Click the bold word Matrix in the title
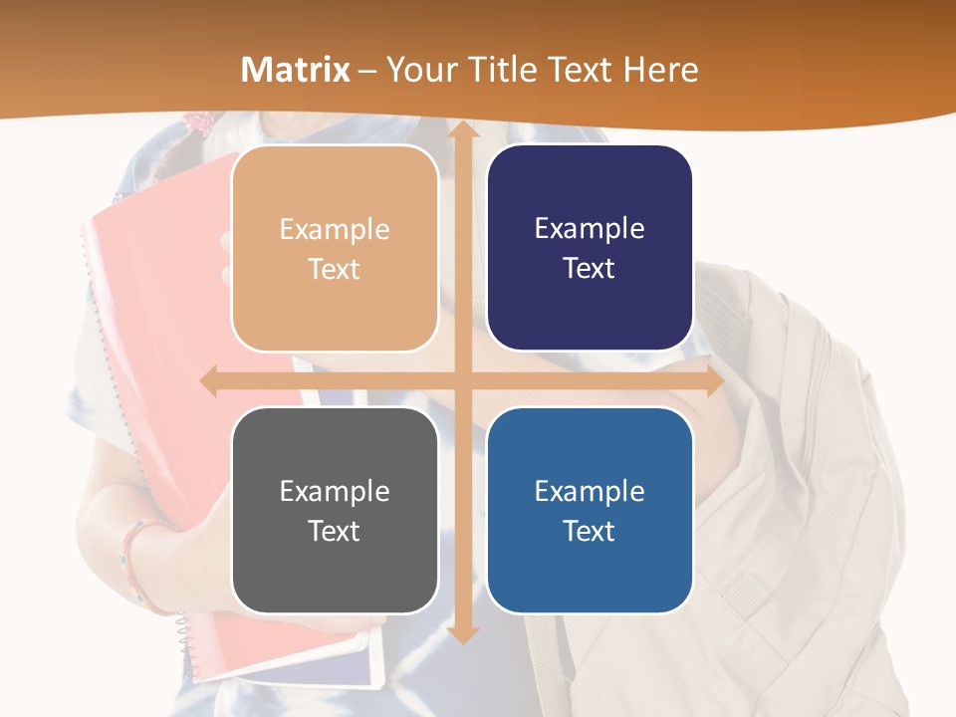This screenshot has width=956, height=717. [296, 70]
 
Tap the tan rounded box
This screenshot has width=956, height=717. [335, 249]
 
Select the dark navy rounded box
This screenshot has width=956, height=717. [590, 249]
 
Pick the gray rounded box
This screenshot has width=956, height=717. [335, 510]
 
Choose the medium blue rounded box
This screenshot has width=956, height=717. [590, 510]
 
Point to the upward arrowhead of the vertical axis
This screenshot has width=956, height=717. [462, 129]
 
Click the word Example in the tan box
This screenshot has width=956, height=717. [335, 230]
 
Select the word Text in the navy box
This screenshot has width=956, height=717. [590, 269]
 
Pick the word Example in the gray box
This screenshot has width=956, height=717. [335, 491]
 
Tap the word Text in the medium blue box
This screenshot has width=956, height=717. [590, 531]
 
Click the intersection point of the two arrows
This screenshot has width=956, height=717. [462, 381]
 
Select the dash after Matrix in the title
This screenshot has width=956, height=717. [367, 71]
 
